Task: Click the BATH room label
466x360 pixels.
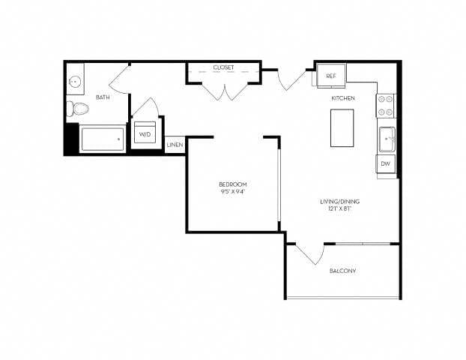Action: (103, 97)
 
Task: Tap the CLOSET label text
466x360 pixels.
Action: (223, 67)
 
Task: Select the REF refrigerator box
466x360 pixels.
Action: (330, 76)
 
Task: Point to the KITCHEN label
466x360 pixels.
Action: (343, 98)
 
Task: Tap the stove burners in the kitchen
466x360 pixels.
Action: (385, 106)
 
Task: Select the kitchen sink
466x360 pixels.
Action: (386, 139)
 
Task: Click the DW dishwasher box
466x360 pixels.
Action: (385, 163)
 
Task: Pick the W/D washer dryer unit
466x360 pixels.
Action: (145, 133)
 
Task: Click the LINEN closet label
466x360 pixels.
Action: (175, 144)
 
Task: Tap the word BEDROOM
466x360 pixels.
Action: (232, 184)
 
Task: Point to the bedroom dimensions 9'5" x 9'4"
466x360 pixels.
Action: (232, 192)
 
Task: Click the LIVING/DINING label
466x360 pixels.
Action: (336, 202)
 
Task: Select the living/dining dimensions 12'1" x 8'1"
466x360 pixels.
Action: (336, 209)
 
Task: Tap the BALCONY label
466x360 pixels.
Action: (342, 271)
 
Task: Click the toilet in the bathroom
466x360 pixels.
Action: (77, 109)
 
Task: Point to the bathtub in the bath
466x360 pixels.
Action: (102, 139)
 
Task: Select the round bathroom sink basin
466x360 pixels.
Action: (75, 82)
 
